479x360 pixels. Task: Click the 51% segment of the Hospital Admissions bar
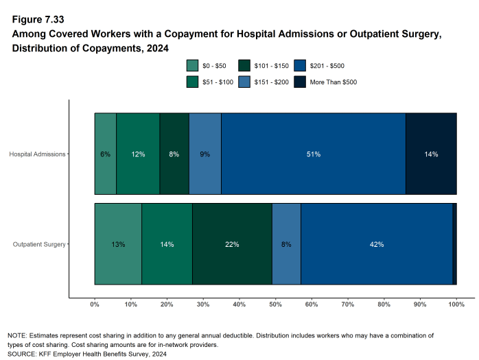pyautogui.click(x=313, y=154)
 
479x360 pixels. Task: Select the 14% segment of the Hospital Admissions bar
pyautogui.click(x=431, y=154)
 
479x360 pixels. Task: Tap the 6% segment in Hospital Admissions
pyautogui.click(x=105, y=154)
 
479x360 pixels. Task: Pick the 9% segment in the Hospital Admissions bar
pyautogui.click(x=205, y=154)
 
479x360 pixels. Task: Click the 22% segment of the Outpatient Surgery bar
pyautogui.click(x=232, y=244)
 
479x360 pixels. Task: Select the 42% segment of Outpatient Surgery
pyautogui.click(x=376, y=244)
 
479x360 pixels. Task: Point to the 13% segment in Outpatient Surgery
pyautogui.click(x=118, y=244)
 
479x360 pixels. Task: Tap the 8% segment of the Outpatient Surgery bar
pyautogui.click(x=286, y=244)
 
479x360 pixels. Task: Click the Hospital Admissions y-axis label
pyautogui.click(x=37, y=154)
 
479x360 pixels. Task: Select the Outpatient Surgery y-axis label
pyautogui.click(x=39, y=244)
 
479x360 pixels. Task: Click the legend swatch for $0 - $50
pyautogui.click(x=193, y=66)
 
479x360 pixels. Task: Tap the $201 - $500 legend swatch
pyautogui.click(x=300, y=66)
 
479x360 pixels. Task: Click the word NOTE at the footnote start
pyautogui.click(x=17, y=335)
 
